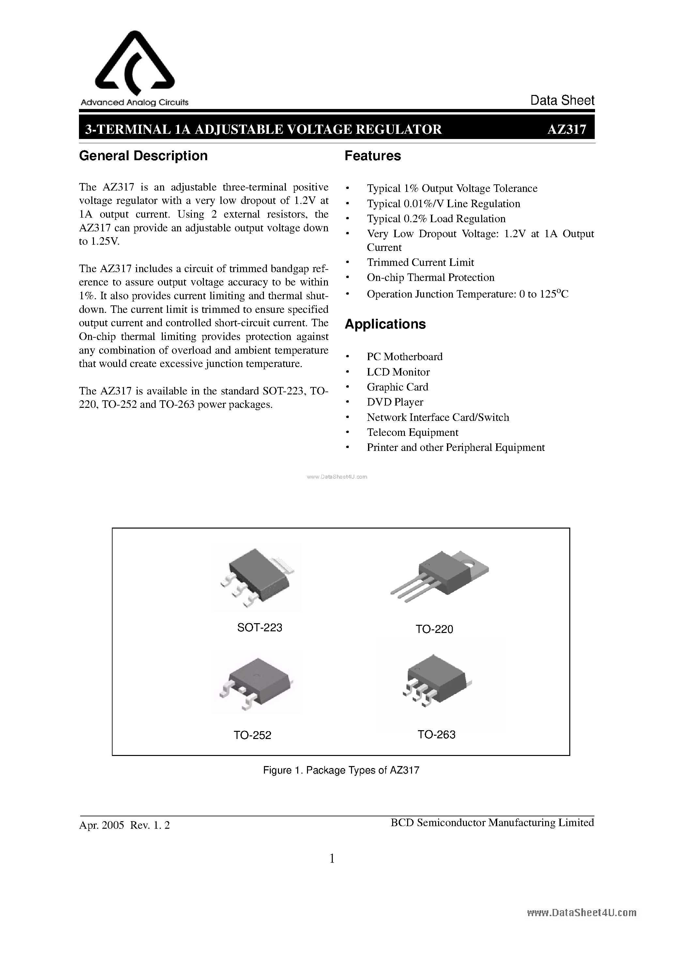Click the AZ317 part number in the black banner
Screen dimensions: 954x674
566,130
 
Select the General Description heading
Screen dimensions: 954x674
143,156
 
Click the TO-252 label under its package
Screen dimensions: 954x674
252,735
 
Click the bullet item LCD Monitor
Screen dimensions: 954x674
398,372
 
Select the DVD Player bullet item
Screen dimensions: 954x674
395,402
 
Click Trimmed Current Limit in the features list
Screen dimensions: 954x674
420,263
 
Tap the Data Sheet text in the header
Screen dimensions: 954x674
562,100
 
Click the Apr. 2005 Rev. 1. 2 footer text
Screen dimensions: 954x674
124,825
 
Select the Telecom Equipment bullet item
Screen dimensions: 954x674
412,433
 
